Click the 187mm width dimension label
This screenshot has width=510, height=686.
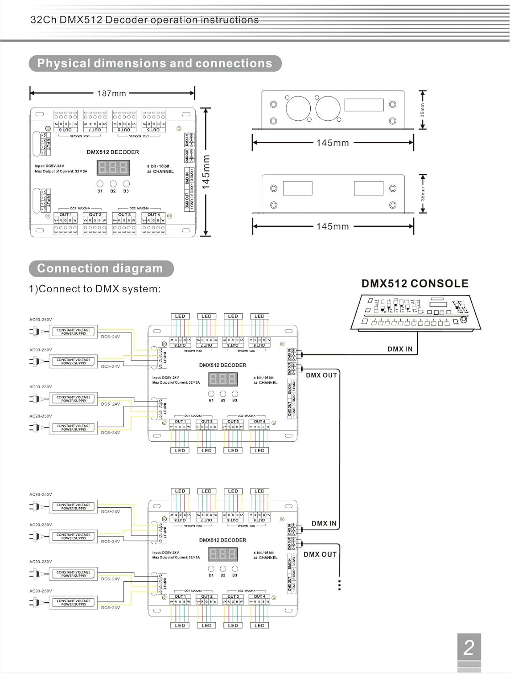coord(112,93)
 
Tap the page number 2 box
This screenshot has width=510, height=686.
coord(469,647)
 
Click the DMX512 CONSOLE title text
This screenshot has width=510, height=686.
coord(414,284)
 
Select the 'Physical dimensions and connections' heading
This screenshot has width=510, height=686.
coord(154,64)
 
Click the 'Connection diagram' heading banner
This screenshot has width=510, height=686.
coord(101,268)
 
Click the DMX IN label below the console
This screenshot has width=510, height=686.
coord(399,349)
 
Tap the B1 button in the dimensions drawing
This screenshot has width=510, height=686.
coord(100,184)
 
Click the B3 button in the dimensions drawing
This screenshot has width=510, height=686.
coord(126,184)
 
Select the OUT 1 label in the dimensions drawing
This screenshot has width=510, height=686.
coord(66,214)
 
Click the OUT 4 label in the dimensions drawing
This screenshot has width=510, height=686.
coord(154,214)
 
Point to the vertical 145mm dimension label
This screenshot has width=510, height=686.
coord(206,172)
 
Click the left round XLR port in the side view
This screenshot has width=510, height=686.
coord(298,108)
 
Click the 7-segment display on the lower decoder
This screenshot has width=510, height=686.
coord(223,554)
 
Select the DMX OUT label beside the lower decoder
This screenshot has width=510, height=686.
coord(320,554)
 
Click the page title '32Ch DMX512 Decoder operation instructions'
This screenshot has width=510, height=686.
coord(144,20)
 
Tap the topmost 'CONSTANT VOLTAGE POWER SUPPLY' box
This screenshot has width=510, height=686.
coord(74,332)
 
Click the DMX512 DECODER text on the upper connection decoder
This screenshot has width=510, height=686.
coord(223,365)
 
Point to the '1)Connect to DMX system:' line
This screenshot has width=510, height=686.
coord(95,289)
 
